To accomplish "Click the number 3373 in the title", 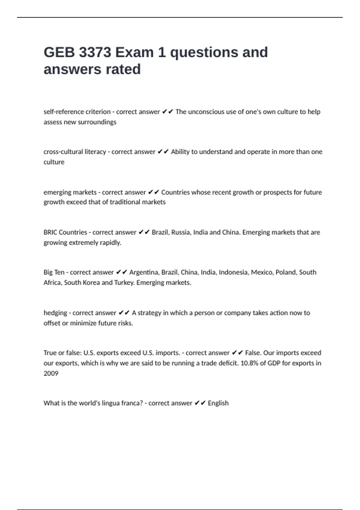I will coord(95,52).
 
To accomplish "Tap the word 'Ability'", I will coord(180,152).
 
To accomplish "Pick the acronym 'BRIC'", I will coord(50,232).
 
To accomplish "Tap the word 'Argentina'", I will coord(144,272).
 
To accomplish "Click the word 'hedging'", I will coord(55,313).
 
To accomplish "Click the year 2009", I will coord(51,373).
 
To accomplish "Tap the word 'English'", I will coord(218,403).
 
